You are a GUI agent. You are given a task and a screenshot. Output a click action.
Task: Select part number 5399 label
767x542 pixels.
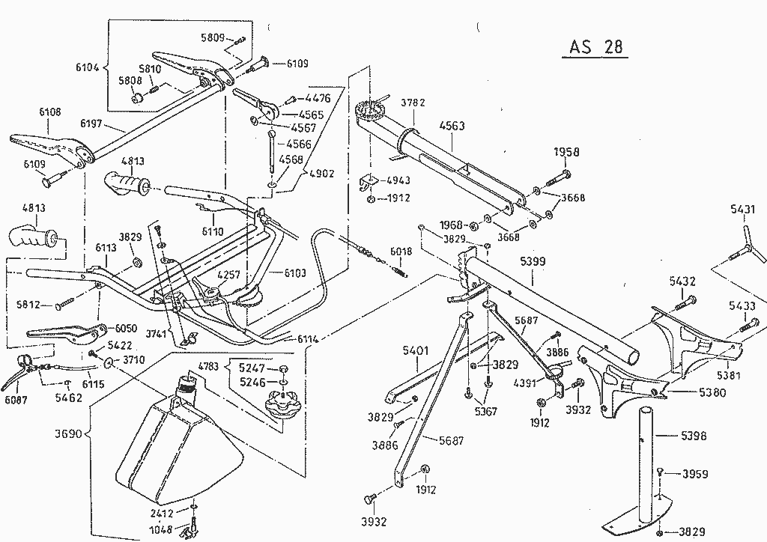(533, 263)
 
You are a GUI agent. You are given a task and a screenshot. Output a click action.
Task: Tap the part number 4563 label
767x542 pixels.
(452, 126)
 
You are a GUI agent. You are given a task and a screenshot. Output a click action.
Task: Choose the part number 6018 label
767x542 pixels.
(401, 252)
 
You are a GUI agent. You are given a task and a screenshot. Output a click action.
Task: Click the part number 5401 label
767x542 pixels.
(415, 350)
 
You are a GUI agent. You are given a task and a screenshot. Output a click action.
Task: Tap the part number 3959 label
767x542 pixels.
(695, 474)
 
